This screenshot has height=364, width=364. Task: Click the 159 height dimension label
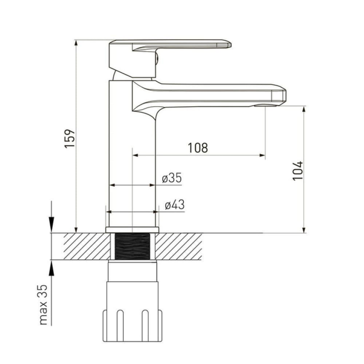click(70, 138)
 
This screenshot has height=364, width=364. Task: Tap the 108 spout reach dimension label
click(198, 148)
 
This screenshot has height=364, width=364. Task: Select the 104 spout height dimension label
click(298, 171)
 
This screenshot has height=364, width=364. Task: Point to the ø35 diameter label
click(172, 178)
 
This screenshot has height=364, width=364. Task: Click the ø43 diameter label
click(175, 205)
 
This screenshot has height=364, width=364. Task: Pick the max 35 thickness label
click(43, 305)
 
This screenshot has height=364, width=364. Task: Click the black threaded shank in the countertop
click(132, 246)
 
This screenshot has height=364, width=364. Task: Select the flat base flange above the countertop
click(132, 230)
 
